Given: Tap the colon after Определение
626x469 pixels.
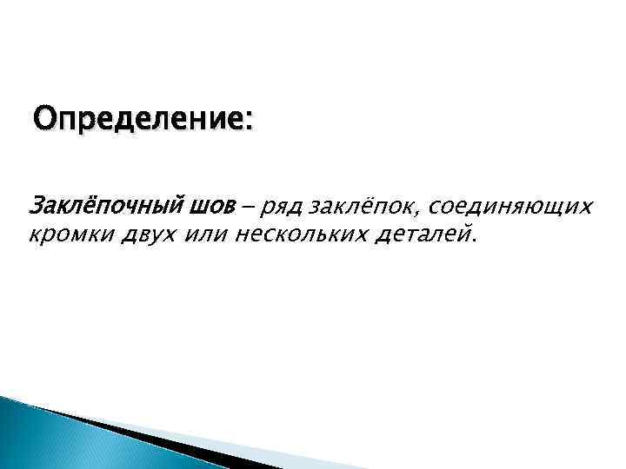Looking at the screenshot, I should (x=250, y=122).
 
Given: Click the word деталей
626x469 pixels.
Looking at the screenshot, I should (x=423, y=234).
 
